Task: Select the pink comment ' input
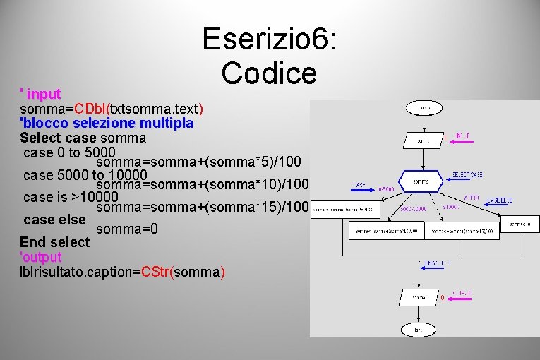(40, 94)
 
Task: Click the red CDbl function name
(92, 109)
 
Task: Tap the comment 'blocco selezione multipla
(107, 124)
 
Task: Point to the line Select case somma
(83, 138)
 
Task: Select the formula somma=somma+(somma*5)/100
(198, 163)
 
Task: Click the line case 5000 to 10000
(85, 175)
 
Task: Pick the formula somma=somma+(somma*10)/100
(205, 185)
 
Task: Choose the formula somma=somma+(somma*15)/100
(203, 208)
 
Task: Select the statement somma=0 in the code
(126, 229)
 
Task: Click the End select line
(55, 242)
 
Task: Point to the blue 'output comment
(41, 257)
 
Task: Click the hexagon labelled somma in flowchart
(422, 181)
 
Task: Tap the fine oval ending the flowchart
(419, 329)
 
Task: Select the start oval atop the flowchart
(423, 108)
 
